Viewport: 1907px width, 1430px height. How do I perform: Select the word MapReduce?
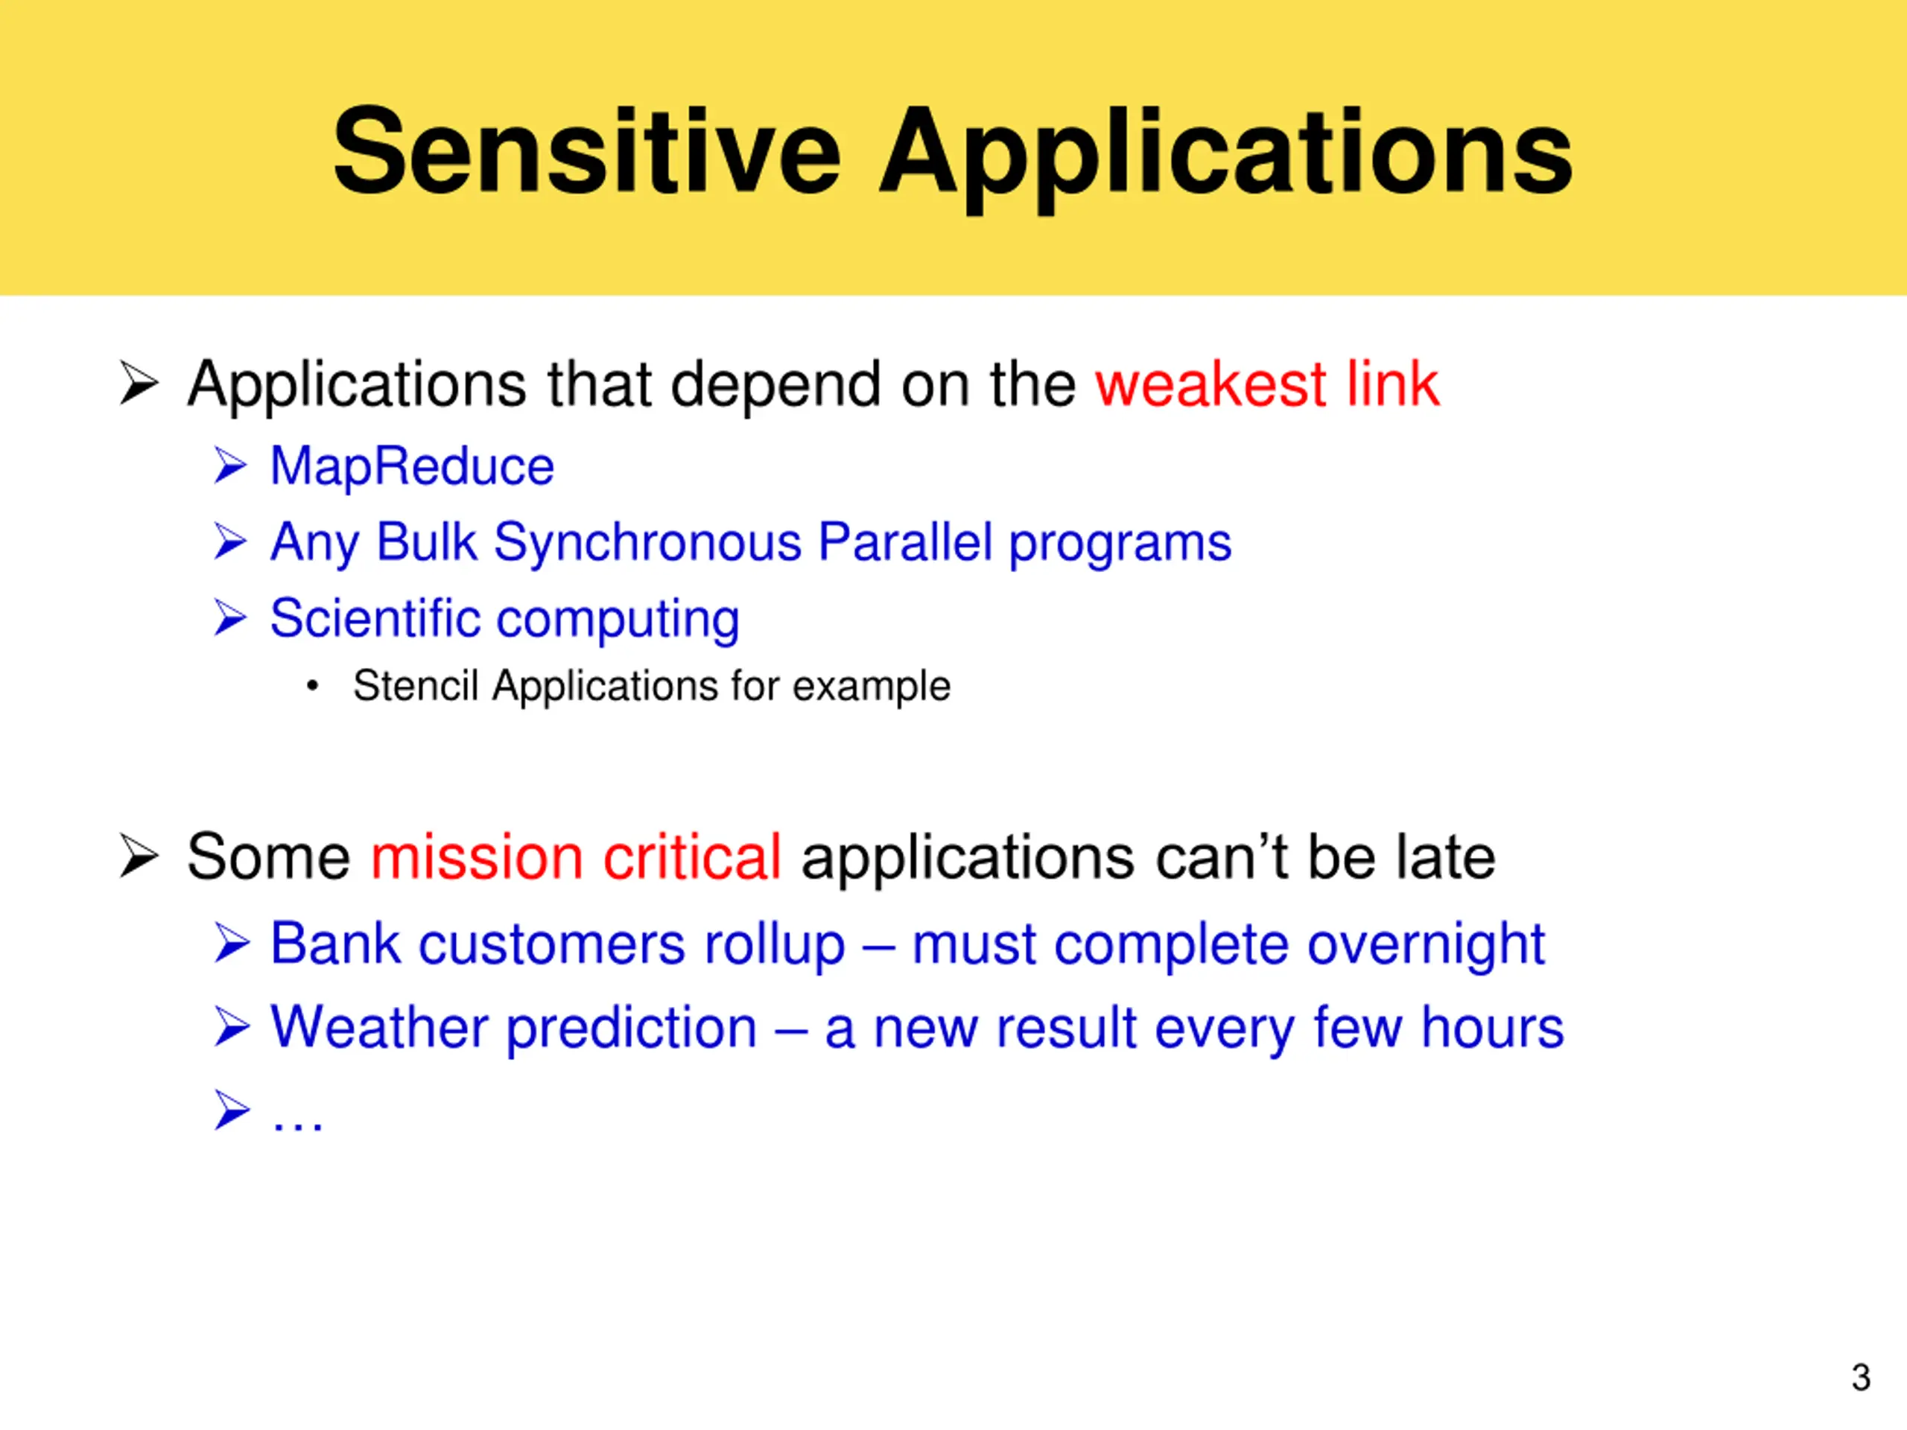(x=412, y=468)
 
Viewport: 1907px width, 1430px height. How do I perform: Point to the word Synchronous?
(x=647, y=542)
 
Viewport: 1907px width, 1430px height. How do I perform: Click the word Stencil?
(x=416, y=686)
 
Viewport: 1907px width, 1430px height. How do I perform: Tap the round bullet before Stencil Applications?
(x=312, y=687)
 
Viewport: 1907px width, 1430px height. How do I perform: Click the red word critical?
(x=692, y=858)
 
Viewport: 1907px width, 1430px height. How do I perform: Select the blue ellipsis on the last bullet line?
(x=297, y=1124)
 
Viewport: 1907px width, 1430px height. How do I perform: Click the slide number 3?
(x=1861, y=1376)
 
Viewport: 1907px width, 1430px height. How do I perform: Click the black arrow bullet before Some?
(x=139, y=856)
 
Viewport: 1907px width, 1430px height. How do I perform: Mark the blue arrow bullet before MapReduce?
(x=231, y=465)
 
